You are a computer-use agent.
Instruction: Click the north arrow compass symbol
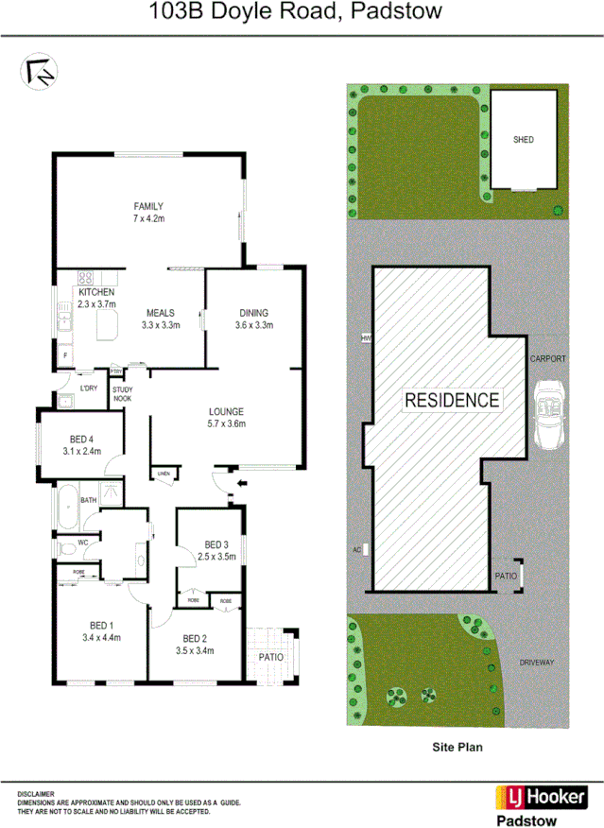point(39,73)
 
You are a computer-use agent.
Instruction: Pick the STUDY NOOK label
point(123,393)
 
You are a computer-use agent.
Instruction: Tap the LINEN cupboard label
point(164,473)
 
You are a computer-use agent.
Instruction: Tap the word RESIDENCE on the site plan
point(452,400)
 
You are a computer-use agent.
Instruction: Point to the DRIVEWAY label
point(543,663)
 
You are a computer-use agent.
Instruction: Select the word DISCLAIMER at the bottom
point(36,794)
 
